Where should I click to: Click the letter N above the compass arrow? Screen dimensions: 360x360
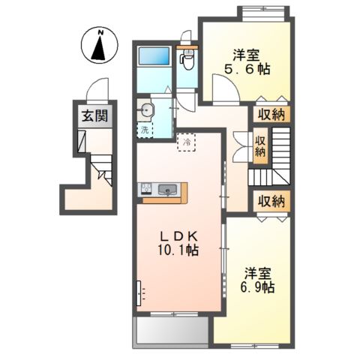point(100,32)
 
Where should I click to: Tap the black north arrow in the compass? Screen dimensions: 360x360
point(98,48)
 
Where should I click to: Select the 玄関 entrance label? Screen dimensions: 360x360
point(95,115)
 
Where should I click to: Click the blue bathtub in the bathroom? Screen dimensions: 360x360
point(154,55)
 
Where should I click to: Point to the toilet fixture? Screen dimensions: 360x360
point(187,59)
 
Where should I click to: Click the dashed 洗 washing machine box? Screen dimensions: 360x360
point(145,130)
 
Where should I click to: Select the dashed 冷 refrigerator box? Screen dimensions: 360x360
point(187,142)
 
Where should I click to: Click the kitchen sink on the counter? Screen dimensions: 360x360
point(167,190)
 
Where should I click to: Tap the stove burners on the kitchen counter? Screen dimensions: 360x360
point(146,188)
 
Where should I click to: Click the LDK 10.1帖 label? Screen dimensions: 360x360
point(178,244)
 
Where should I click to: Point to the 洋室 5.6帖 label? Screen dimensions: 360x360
point(247,62)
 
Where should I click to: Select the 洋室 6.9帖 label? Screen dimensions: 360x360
point(257,280)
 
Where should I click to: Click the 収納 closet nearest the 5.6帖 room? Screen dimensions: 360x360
point(271,115)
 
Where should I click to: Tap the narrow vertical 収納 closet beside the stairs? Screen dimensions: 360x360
point(260,146)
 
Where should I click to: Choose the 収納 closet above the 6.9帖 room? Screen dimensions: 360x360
point(271,201)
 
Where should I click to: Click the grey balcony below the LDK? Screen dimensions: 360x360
point(172,331)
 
